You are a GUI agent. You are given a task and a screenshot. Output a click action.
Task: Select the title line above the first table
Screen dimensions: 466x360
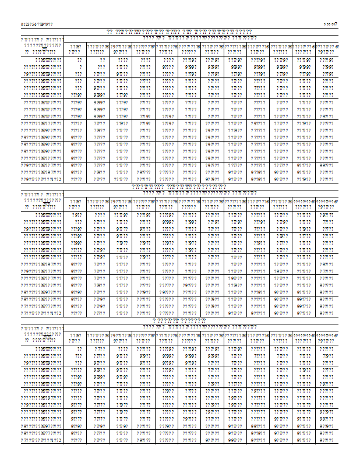179,31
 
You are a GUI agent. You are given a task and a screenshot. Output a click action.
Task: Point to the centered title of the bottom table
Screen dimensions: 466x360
179,320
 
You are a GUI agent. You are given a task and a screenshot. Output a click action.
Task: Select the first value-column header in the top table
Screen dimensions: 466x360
75,48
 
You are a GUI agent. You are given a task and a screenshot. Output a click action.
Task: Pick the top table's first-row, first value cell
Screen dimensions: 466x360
79,60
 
